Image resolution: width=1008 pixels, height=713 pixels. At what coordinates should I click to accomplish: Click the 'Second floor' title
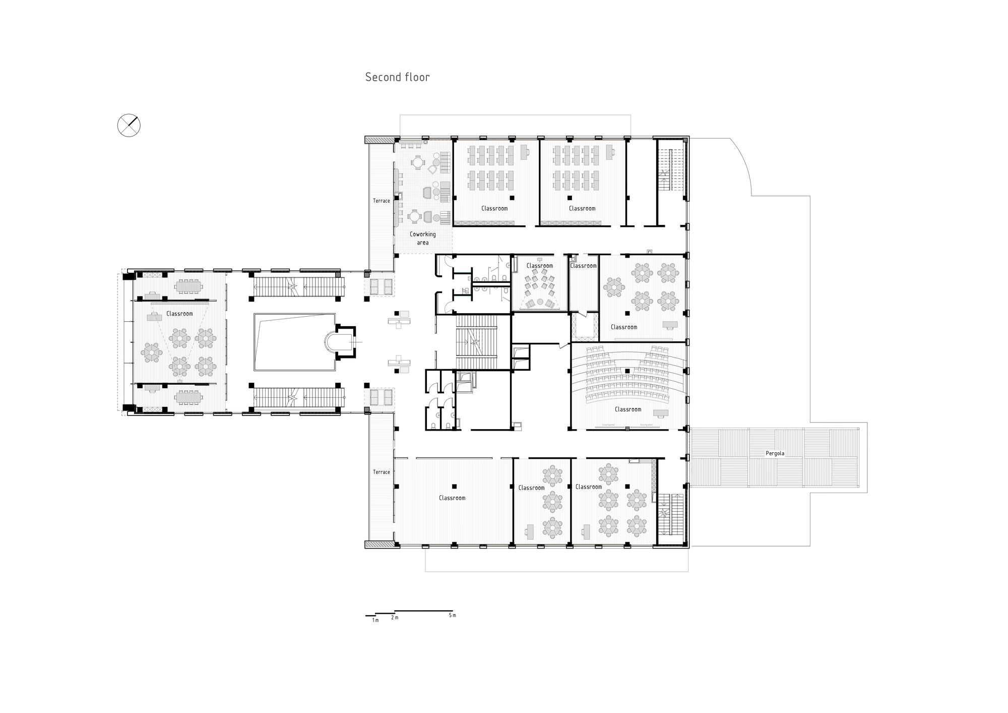tap(397, 77)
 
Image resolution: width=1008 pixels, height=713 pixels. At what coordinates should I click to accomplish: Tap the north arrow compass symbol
tap(129, 125)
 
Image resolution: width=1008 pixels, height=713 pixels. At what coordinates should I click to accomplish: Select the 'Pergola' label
tap(775, 453)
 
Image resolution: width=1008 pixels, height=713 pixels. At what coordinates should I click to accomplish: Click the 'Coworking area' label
tap(422, 238)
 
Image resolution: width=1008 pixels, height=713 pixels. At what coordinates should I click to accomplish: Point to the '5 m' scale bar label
tap(452, 615)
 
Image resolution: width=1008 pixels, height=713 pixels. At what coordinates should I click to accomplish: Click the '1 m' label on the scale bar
tap(375, 620)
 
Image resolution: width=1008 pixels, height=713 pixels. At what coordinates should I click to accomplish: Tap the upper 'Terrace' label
tap(381, 201)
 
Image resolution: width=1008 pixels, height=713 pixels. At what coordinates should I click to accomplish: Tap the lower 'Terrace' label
tap(381, 472)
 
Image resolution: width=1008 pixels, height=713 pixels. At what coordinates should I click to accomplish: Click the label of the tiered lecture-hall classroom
tap(627, 409)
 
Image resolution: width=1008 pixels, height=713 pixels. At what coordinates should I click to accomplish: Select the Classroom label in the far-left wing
tap(179, 314)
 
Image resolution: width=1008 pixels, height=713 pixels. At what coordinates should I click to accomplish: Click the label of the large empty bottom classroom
tap(452, 498)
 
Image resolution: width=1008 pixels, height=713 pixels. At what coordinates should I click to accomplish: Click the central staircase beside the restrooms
tap(476, 342)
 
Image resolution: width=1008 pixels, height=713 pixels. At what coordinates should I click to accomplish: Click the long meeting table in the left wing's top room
tap(188, 286)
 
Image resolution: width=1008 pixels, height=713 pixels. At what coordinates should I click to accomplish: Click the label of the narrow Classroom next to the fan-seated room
tap(583, 266)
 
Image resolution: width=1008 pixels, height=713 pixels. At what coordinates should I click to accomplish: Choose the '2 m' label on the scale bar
tap(394, 618)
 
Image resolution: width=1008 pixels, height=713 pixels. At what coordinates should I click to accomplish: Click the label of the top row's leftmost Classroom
tap(494, 208)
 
